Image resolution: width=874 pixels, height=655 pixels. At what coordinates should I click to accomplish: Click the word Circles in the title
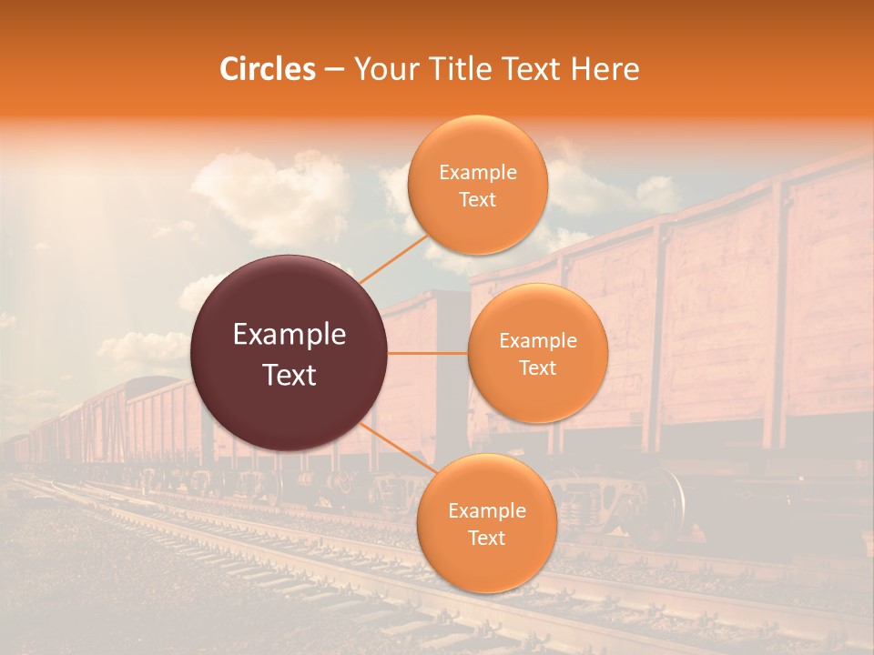pos(268,69)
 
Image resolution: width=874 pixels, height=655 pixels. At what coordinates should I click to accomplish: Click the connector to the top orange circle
pos(394,258)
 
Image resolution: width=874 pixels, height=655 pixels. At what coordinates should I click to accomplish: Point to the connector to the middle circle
pos(428,353)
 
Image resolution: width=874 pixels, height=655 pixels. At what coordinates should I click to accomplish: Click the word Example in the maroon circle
pos(290,335)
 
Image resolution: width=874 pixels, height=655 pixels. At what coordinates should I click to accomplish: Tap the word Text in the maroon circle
pos(290,375)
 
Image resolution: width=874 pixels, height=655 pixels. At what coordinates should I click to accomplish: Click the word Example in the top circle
pos(478,173)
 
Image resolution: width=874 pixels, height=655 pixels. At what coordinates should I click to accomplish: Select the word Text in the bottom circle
pos(486,539)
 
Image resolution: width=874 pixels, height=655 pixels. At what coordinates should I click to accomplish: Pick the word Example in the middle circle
pos(538,341)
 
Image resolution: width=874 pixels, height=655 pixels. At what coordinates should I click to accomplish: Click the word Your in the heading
pos(382,69)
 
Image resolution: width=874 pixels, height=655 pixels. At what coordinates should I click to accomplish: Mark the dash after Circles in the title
pos(334,70)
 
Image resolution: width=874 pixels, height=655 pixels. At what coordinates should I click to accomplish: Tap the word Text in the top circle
pos(478,200)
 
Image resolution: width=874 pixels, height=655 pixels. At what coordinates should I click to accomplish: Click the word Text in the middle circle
pos(538,368)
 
